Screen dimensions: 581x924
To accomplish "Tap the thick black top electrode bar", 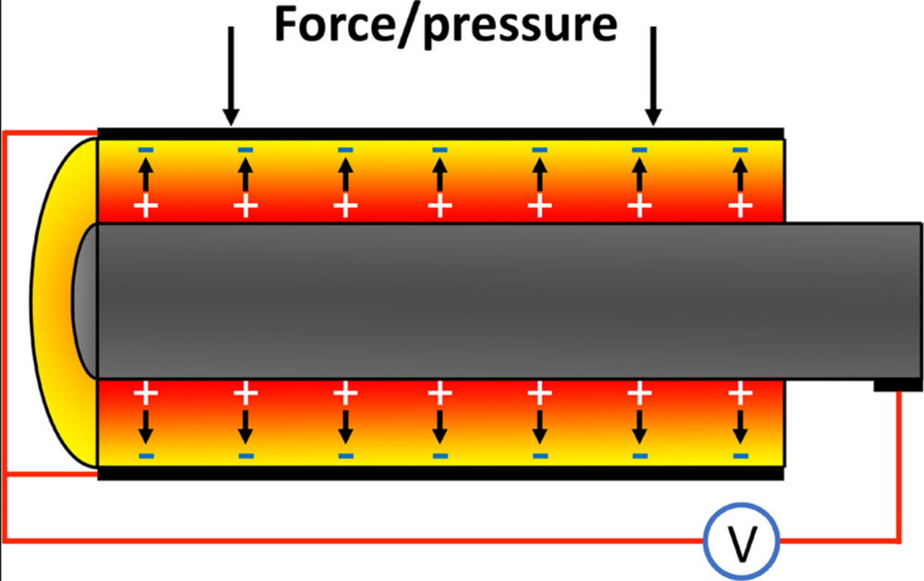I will click(441, 134).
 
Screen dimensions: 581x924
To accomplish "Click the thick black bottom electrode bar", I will click(441, 473).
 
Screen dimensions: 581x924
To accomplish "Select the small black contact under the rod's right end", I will click(888, 384).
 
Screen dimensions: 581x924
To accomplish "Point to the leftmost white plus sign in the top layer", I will click(146, 207).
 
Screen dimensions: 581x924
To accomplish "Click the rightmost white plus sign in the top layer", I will click(740, 207).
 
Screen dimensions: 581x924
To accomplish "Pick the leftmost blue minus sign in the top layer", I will click(146, 150).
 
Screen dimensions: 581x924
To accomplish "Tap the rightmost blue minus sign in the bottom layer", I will click(740, 456).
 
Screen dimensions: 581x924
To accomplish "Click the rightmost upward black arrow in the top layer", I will click(740, 176).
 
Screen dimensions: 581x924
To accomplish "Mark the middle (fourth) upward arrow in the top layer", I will click(439, 176).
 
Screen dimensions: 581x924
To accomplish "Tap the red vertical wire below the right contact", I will click(900, 466).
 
